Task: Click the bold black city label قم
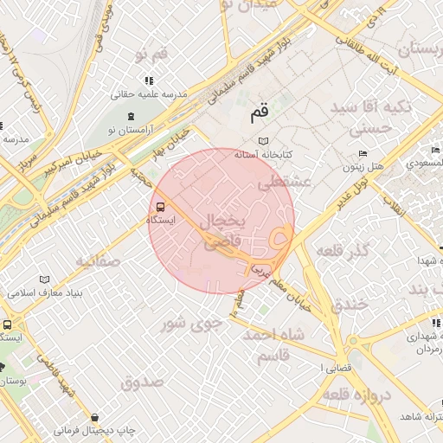coord(259,112)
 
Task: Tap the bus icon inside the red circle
coord(160,208)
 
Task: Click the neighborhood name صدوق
coord(143,382)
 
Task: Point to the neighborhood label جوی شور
coord(192,324)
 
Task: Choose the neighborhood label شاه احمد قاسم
coord(277,345)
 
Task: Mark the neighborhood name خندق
coord(350,305)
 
